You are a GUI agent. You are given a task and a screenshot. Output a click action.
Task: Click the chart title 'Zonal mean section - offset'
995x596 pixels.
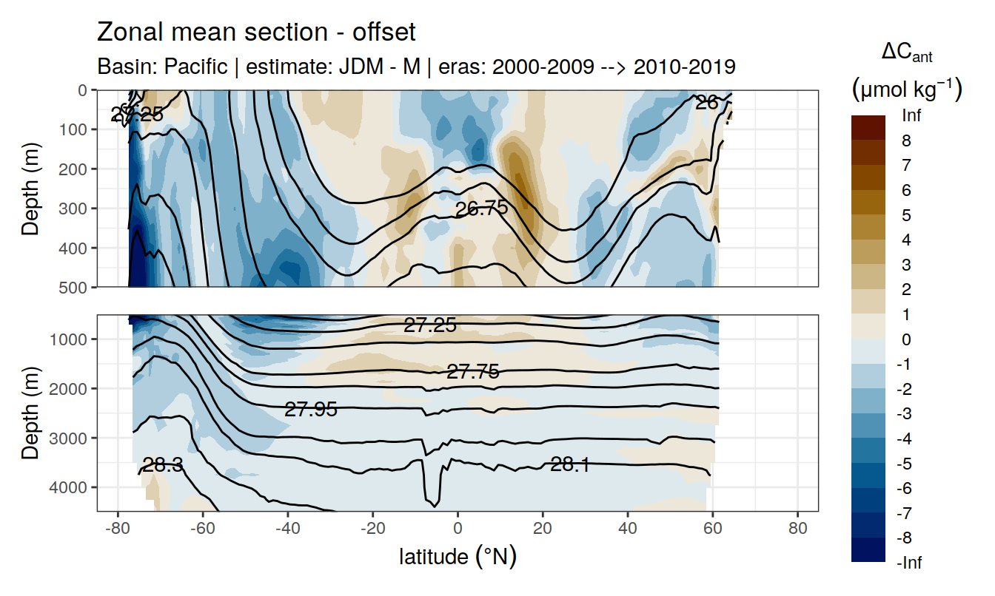pyautogui.click(x=256, y=32)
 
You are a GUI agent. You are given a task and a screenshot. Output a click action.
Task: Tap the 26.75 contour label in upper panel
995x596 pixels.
pyautogui.click(x=481, y=209)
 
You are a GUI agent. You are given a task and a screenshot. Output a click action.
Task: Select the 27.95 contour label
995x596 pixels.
pyautogui.click(x=311, y=409)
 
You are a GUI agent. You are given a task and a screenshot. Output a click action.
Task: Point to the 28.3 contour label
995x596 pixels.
pyautogui.click(x=163, y=465)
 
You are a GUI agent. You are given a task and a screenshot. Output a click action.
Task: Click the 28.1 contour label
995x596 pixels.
pyautogui.click(x=569, y=464)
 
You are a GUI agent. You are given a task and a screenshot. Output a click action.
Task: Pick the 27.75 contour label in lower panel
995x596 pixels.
pyautogui.click(x=472, y=372)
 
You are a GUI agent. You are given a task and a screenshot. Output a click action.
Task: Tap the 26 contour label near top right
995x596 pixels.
pyautogui.click(x=707, y=103)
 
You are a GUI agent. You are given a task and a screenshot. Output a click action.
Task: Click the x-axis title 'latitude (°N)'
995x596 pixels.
pyautogui.click(x=458, y=556)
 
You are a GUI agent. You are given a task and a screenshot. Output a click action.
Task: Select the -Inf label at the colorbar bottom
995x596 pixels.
pyautogui.click(x=911, y=563)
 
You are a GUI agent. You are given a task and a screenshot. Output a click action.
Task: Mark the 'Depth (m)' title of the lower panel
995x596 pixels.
pyautogui.click(x=30, y=412)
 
